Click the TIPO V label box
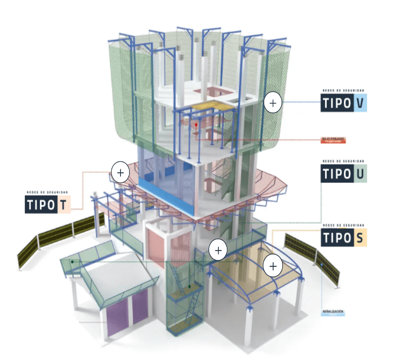tap(343, 104)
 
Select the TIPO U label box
tap(343, 174)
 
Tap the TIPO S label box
tap(343, 238)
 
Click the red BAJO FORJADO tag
tap(334, 140)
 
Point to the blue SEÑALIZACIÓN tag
tap(333, 312)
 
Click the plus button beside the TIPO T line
tap(120, 172)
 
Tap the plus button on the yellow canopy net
tap(273, 266)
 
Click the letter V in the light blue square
tap(360, 104)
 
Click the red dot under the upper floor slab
tap(196, 125)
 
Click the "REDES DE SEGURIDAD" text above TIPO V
tap(343, 91)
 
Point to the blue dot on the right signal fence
tap(322, 265)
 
